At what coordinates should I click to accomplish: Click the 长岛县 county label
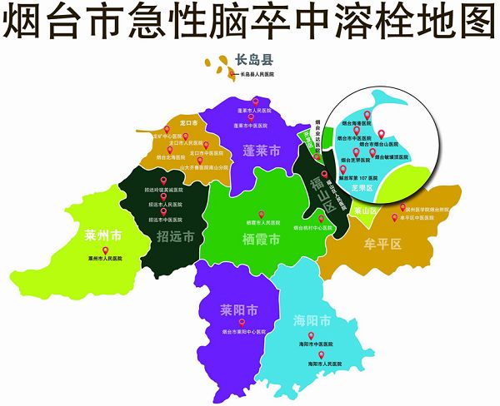tap(254, 60)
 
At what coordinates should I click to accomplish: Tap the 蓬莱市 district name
tap(261, 151)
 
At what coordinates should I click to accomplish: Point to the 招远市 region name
tap(175, 236)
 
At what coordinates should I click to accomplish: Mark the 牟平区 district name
tap(384, 245)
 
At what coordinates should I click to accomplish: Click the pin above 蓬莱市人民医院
tap(255, 102)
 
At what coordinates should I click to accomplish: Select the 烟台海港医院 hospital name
tap(361, 121)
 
